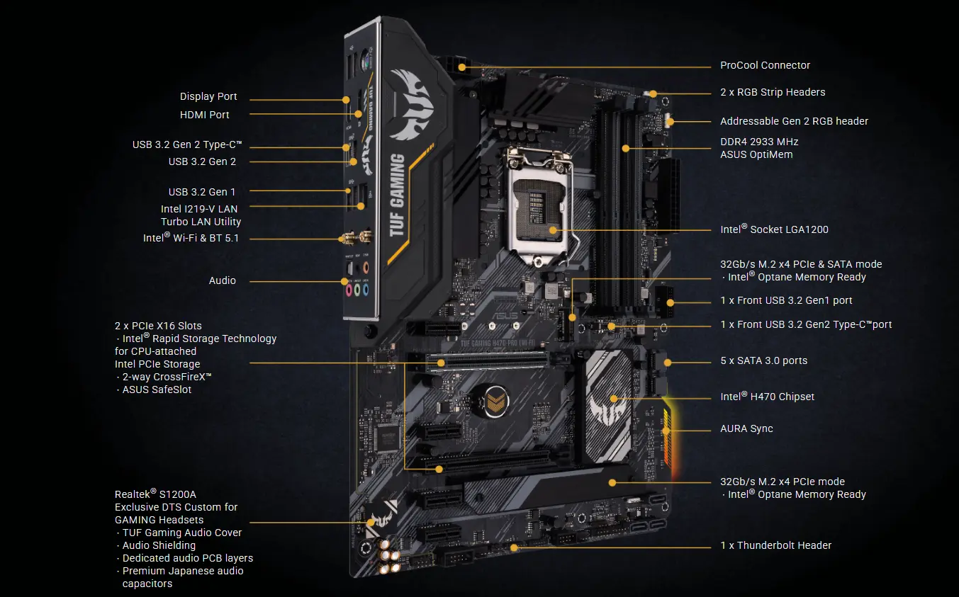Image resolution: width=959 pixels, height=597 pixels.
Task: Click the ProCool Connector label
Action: pos(765,65)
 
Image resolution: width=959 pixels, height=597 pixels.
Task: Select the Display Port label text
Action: pos(208,96)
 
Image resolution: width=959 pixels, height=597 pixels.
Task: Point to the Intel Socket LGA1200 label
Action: pos(774,229)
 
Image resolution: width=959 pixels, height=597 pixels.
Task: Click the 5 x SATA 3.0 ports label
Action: pos(763,360)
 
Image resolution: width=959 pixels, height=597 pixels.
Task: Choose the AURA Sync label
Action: pos(746,428)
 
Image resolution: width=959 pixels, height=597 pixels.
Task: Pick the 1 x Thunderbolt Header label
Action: pos(775,545)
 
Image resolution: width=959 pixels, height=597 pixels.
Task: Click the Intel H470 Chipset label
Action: pos(767,397)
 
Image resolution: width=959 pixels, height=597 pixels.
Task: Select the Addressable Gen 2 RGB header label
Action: pos(794,121)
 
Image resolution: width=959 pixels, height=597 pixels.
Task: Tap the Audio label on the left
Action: pos(223,280)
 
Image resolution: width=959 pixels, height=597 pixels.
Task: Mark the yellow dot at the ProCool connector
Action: pos(462,67)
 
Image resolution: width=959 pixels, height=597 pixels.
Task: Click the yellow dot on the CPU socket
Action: pos(552,229)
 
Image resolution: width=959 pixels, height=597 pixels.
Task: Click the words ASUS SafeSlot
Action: pos(157,390)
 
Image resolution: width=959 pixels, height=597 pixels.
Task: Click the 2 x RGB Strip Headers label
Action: pos(773,92)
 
